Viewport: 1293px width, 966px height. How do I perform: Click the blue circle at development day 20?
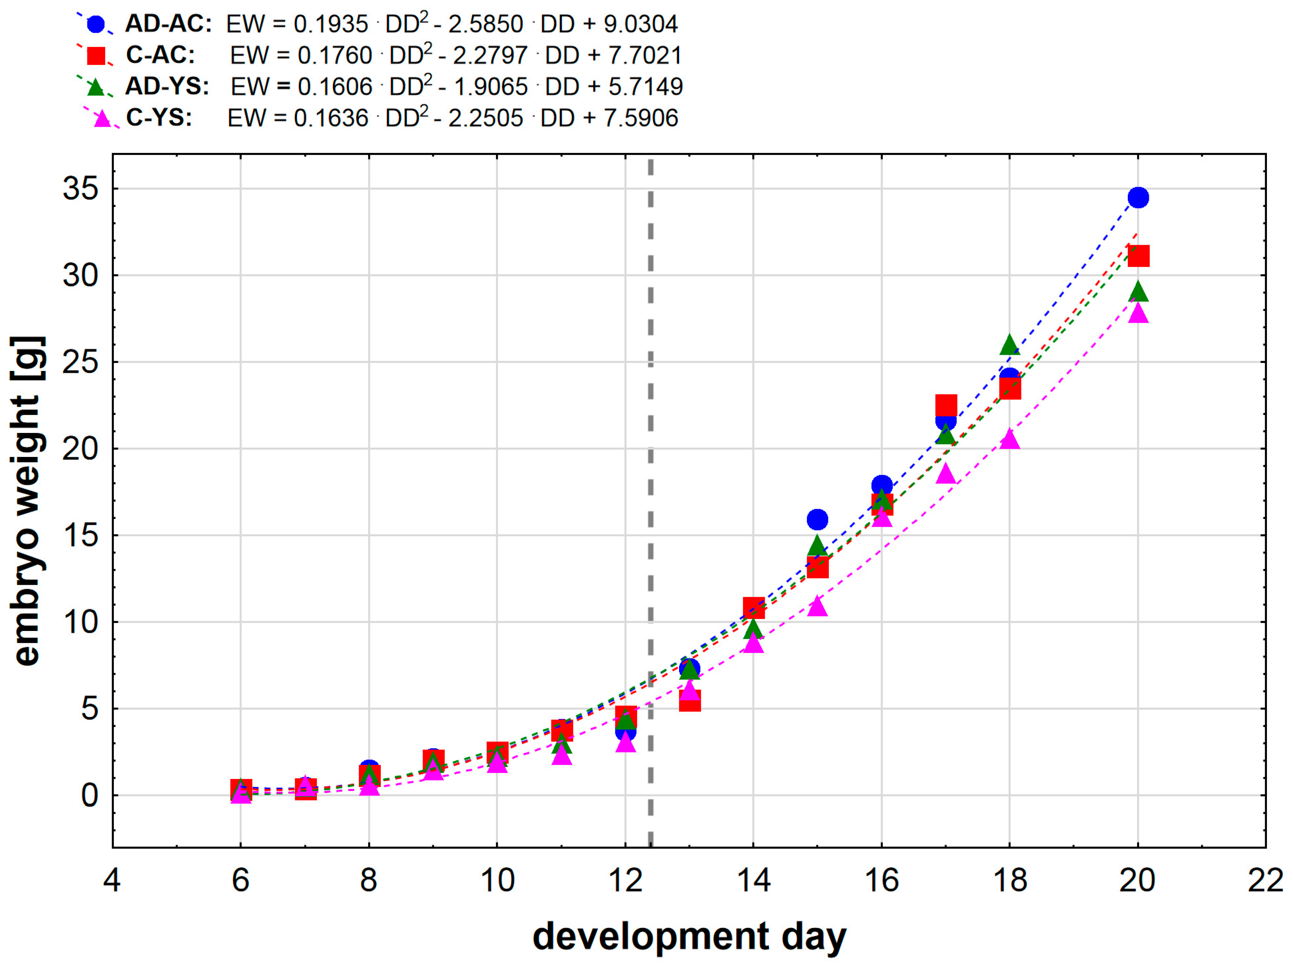[1138, 198]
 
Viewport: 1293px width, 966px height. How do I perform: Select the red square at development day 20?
[1138, 256]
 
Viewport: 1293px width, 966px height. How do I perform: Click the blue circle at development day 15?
[817, 519]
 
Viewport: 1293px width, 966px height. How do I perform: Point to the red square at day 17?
[946, 405]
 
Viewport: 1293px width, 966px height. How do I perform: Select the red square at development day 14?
[753, 608]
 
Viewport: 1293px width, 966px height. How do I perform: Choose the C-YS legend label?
[159, 118]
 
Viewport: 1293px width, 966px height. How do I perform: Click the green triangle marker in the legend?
[95, 88]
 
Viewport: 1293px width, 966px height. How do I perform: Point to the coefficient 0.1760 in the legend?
[334, 56]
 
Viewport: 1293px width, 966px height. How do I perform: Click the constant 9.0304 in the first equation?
[640, 24]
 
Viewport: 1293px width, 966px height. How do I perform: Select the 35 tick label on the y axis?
[81, 189]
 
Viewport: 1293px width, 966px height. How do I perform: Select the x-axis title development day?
[689, 936]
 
